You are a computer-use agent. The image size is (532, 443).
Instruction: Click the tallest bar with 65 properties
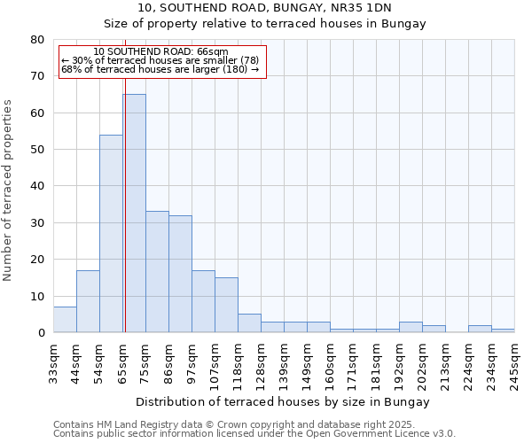tap(134, 213)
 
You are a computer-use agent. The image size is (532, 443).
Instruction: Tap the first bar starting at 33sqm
tap(65, 320)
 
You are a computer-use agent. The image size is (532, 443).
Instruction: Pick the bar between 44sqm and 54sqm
tap(88, 301)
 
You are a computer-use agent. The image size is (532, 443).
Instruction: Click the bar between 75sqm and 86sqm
tap(157, 271)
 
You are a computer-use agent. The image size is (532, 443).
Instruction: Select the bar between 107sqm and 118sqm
tap(226, 305)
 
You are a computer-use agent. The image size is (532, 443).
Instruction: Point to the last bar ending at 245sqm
tap(503, 330)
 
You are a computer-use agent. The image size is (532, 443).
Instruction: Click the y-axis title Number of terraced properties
tap(8, 190)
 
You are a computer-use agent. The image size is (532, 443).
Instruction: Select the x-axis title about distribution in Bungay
tap(284, 401)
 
